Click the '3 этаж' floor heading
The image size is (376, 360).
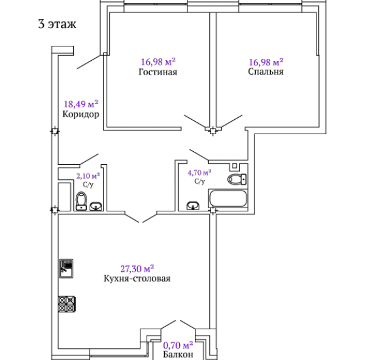coord(57,24)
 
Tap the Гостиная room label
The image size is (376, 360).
coord(158,72)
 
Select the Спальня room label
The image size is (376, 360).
coord(266,71)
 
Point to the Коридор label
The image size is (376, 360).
coord(81,114)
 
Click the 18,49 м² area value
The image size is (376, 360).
coord(81,104)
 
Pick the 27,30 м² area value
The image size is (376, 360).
coord(137,268)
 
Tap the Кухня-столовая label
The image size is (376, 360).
coord(137,278)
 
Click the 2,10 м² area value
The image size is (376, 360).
coord(88,176)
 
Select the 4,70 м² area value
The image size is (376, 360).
coord(199,172)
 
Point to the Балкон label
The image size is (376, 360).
coord(178,354)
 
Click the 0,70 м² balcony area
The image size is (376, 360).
coord(178,346)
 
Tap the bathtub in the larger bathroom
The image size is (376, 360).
coord(228,199)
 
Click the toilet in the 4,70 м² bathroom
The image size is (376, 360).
coord(237,179)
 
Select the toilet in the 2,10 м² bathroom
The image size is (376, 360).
coord(81,201)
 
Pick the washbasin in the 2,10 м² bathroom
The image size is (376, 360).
coord(96,206)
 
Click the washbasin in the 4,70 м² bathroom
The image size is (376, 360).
coord(193,206)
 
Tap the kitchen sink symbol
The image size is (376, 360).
coord(66,268)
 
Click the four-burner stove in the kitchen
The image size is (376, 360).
coord(67,304)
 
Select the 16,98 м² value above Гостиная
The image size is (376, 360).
coord(158,61)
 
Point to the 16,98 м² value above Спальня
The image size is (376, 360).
coord(266,62)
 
